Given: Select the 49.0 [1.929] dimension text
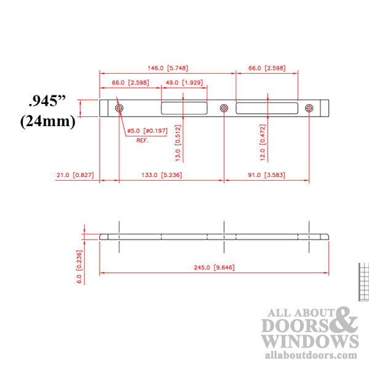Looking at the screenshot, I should point(184,82).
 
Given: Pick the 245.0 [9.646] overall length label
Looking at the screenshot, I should point(215,268).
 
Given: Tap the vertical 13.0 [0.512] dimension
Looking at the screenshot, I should point(178,147).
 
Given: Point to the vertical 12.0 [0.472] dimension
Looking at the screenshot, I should point(263,147).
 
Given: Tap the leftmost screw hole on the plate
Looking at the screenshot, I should point(119,108).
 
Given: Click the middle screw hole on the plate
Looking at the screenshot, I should point(224,108).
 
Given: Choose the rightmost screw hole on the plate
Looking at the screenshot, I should point(309,108).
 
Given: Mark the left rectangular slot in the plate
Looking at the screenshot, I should point(183,108).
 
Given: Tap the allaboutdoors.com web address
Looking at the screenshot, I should point(311,355).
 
